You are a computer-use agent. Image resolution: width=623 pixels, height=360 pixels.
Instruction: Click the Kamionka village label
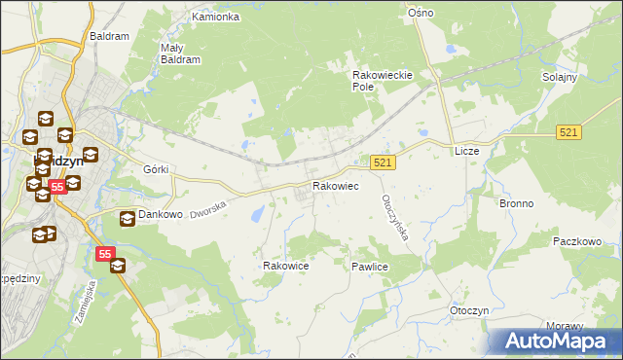tap(215, 18)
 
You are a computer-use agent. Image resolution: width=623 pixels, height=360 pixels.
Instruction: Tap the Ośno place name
tap(421, 13)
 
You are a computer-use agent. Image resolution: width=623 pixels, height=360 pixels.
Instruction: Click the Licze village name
tap(467, 152)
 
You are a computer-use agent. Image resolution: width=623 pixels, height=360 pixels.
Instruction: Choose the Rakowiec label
tap(335, 185)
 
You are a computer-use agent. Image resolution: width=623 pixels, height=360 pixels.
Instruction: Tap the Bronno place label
tap(516, 204)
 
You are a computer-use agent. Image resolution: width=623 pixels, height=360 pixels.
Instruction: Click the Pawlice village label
tap(371, 266)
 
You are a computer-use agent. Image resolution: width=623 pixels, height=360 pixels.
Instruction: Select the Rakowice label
tap(286, 266)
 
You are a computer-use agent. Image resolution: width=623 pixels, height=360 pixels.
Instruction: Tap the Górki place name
tap(156, 169)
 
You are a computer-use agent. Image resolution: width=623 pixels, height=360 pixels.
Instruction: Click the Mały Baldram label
tap(179, 53)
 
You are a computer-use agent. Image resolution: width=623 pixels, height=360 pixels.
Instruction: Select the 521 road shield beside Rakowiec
tap(383, 163)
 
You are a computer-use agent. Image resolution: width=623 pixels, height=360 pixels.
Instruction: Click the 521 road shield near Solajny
tap(570, 131)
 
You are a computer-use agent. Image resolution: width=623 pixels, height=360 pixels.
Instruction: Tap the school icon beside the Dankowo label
tap(128, 219)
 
